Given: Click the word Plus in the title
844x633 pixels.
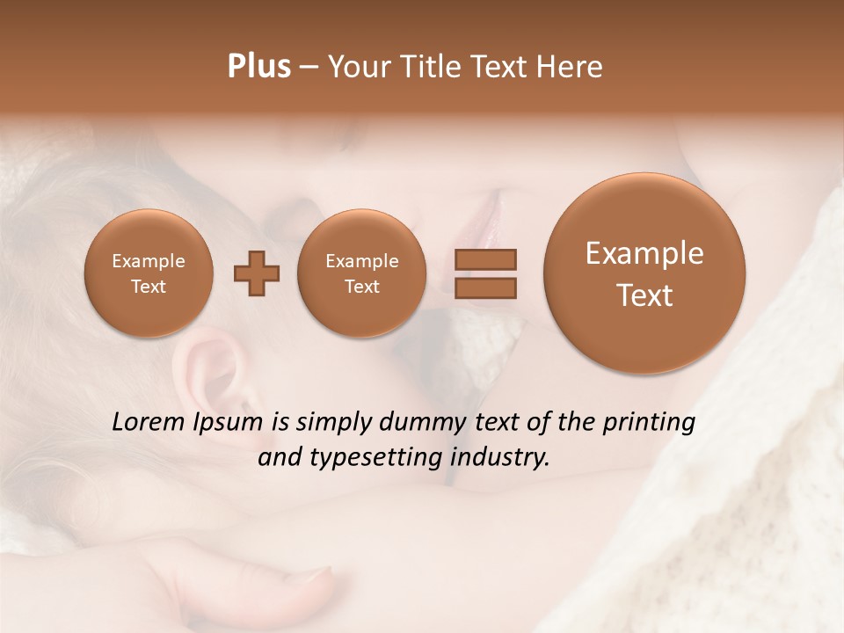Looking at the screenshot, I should click(258, 67).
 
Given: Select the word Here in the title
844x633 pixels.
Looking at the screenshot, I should click(571, 67).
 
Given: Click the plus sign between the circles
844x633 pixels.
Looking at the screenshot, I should click(257, 273).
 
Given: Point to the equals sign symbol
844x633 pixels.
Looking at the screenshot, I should click(484, 273).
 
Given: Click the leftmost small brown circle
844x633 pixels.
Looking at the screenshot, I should click(148, 273).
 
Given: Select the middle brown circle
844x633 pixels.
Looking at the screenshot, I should click(361, 273).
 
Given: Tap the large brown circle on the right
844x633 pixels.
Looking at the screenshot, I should click(644, 273).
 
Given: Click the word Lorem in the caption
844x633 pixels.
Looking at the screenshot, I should click(149, 422).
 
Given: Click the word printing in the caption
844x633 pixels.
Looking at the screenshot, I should click(649, 423).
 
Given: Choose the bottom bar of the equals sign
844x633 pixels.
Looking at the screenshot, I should click(484, 287).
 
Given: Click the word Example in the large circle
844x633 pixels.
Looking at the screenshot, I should click(644, 253).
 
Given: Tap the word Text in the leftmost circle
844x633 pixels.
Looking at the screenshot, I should click(148, 287).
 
